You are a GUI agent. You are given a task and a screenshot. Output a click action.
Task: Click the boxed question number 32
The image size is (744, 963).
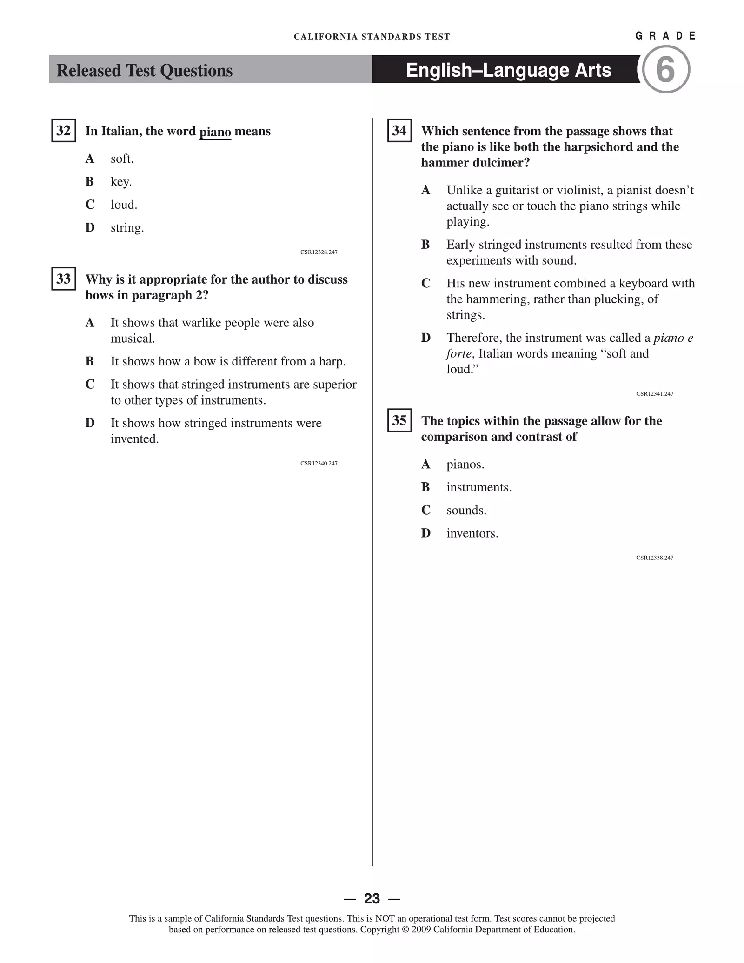[63, 131]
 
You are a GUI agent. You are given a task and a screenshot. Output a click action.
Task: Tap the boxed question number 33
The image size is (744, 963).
[63, 279]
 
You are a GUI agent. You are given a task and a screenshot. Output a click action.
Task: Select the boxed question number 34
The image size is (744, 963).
[399, 131]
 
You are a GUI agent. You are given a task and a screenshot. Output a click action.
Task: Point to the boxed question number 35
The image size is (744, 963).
[399, 420]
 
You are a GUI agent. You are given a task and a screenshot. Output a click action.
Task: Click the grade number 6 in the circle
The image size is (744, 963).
[665, 70]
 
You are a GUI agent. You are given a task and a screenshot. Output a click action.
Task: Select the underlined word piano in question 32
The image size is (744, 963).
[215, 132]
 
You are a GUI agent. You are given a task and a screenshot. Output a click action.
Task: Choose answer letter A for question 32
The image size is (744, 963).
[90, 159]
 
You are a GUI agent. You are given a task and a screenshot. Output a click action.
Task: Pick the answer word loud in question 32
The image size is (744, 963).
[124, 205]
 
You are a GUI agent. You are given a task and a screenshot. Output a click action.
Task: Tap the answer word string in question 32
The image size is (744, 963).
[127, 228]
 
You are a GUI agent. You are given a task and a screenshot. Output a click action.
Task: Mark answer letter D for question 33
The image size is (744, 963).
[90, 423]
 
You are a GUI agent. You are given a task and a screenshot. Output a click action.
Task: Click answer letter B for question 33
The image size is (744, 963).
[90, 361]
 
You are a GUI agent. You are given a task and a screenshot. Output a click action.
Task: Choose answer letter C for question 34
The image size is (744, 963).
[426, 283]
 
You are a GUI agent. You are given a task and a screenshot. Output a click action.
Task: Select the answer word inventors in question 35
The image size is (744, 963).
[472, 533]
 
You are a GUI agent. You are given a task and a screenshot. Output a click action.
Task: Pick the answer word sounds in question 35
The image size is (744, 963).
[466, 511]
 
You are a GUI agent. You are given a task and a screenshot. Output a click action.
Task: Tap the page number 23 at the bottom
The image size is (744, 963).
[372, 898]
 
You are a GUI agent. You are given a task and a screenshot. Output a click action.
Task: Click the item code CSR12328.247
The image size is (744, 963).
[319, 252]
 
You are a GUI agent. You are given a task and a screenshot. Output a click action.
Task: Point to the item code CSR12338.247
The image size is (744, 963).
[654, 558]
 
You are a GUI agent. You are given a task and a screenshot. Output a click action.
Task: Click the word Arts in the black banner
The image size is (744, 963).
[592, 70]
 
